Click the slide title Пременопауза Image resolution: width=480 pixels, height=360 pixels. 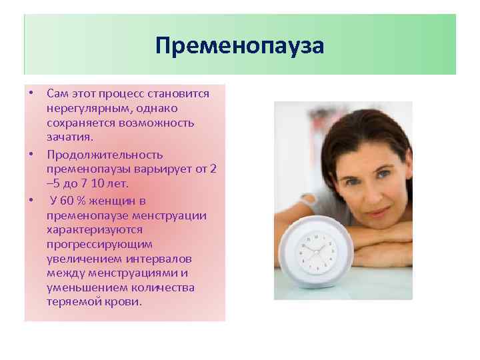[x=239, y=47]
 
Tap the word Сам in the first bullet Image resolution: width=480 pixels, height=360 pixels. [x=58, y=94]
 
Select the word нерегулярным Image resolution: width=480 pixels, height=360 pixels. [x=82, y=108]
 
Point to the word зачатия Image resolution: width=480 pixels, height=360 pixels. [x=71, y=136]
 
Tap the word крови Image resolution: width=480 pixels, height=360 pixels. [x=125, y=301]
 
